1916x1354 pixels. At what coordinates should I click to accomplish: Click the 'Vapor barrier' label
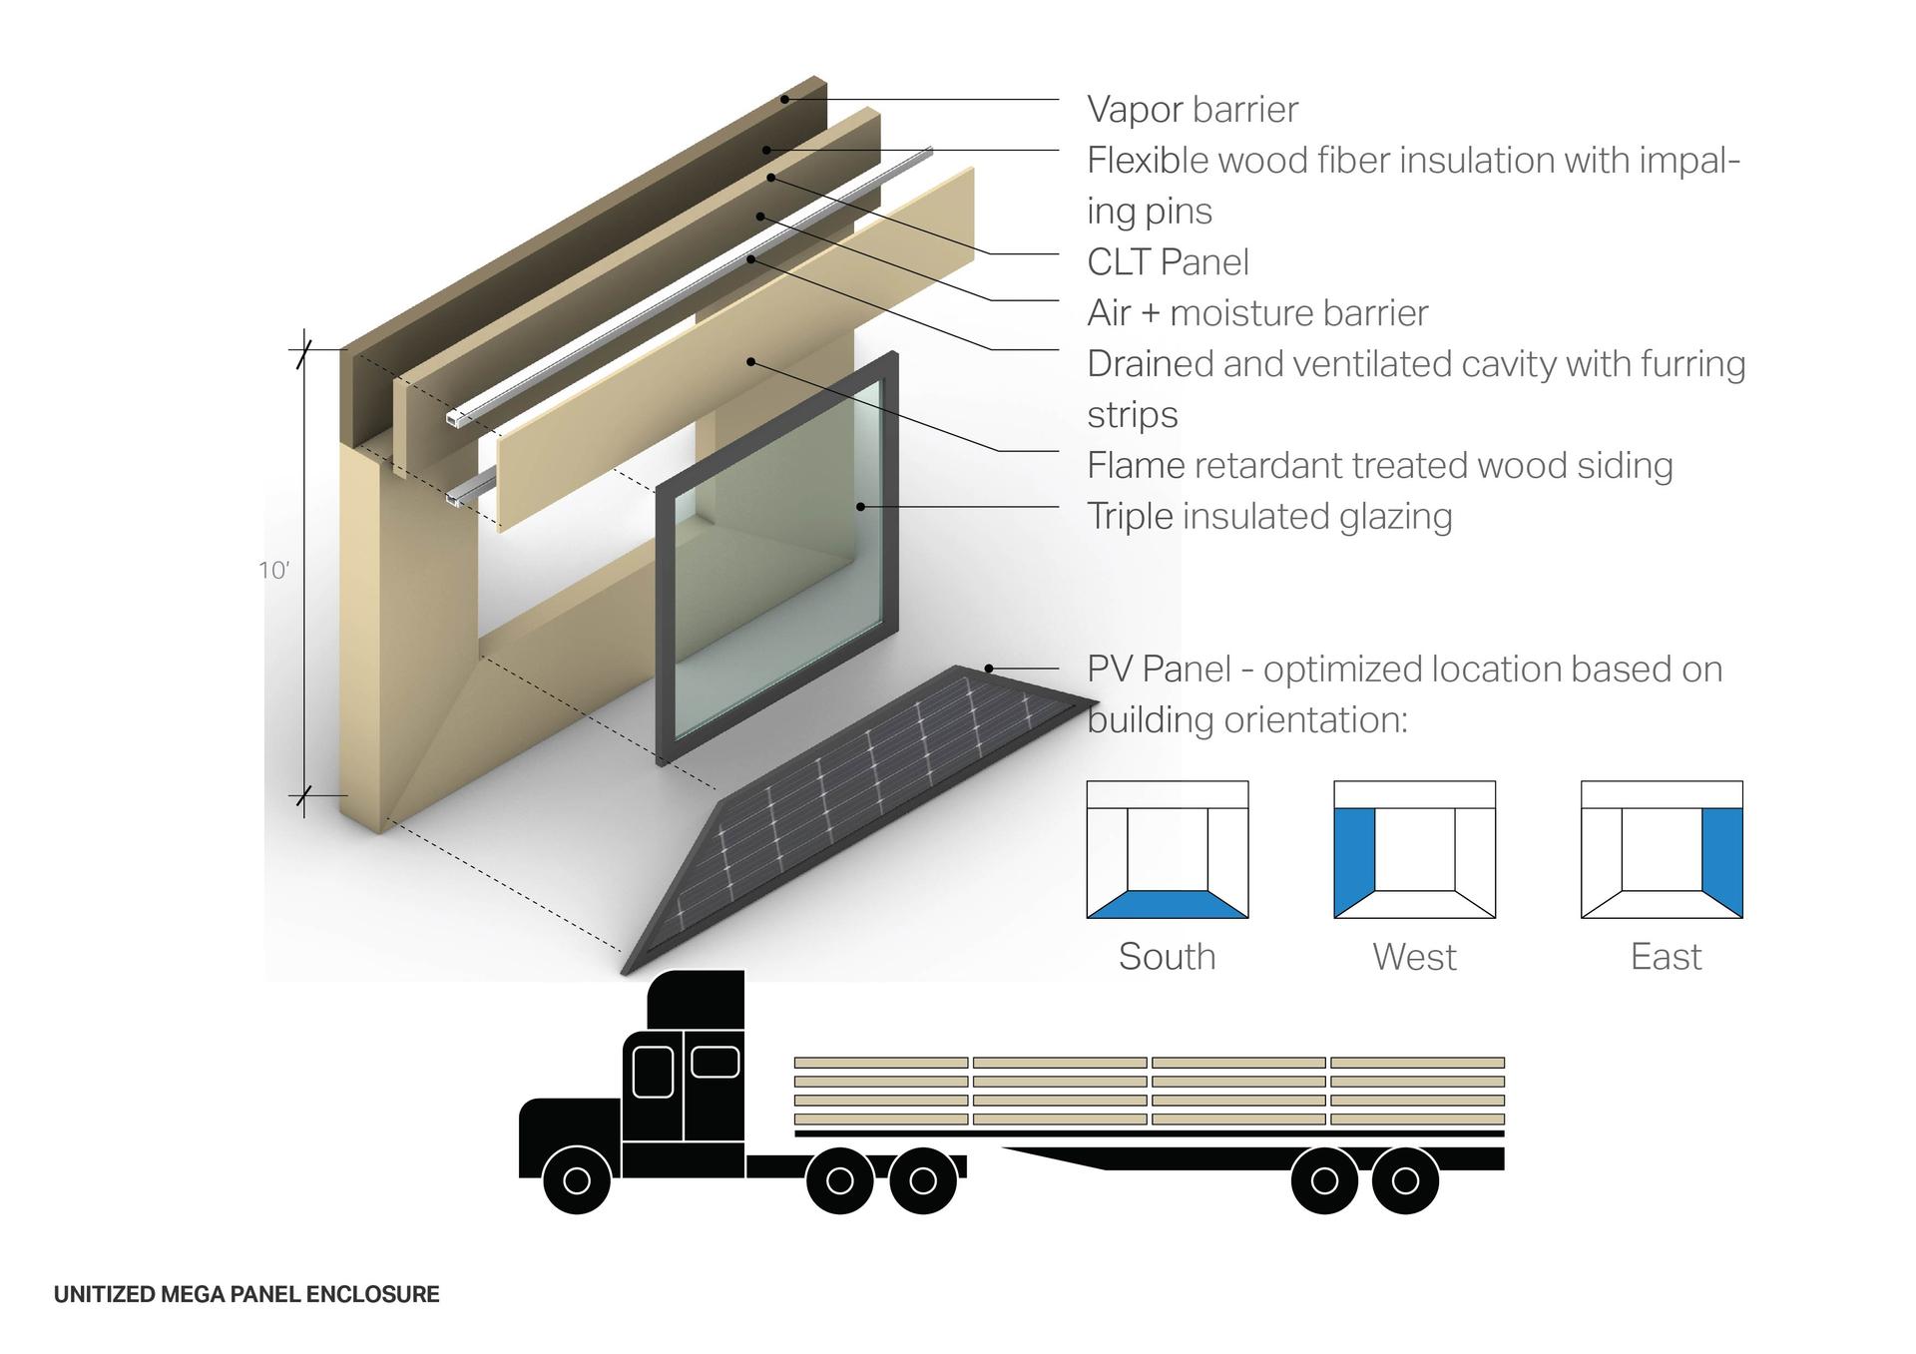pos(1193,110)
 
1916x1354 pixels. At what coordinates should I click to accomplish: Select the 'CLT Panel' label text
pos(1168,262)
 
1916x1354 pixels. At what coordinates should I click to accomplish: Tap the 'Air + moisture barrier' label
pos(1257,313)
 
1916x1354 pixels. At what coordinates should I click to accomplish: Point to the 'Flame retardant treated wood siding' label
pos(1380,466)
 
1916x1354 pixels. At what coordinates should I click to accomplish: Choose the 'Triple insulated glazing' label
pos(1269,517)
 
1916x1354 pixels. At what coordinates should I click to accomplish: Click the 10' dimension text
pos(273,571)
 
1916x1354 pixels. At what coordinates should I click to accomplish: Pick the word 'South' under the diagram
pos(1167,957)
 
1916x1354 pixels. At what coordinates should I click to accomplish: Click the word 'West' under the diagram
pos(1414,957)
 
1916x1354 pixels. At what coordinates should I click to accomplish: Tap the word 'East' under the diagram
pos(1666,957)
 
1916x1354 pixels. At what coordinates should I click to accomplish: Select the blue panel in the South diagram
pos(1168,904)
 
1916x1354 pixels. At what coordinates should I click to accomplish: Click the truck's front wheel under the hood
pos(577,1180)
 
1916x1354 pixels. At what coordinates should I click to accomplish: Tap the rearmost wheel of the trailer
pos(1405,1180)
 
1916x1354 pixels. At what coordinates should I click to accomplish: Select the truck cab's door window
pos(653,1072)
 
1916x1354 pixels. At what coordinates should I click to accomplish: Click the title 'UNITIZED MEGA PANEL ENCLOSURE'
pos(246,1295)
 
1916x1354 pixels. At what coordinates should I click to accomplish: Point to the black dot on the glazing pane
pos(860,507)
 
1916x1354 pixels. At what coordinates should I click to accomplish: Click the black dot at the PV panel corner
pos(989,669)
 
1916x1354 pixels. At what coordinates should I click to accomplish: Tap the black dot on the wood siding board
pos(750,361)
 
